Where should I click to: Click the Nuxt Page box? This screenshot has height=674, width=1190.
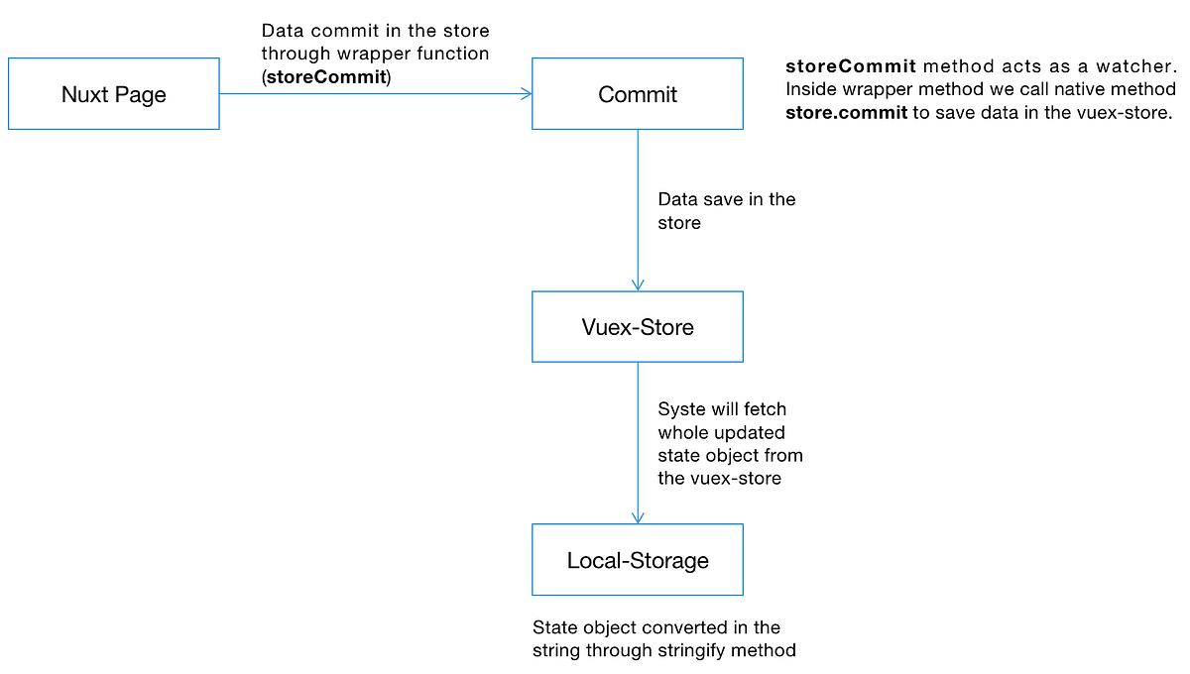click(x=113, y=94)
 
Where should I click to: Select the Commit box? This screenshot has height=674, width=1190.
click(x=637, y=94)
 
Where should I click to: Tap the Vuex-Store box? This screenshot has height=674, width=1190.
click(x=637, y=327)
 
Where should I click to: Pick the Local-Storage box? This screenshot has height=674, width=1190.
click(x=637, y=560)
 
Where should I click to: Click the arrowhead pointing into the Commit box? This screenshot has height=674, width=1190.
click(x=526, y=94)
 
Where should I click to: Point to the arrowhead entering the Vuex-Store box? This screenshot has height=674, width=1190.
click(x=638, y=284)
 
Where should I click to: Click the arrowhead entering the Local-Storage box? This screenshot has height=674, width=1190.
click(x=638, y=517)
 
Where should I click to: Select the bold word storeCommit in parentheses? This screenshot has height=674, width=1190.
click(x=325, y=77)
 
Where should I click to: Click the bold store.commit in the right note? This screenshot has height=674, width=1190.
click(x=846, y=113)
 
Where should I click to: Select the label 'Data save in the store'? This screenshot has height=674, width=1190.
click(x=726, y=211)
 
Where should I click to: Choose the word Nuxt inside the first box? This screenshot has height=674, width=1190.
click(x=84, y=95)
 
